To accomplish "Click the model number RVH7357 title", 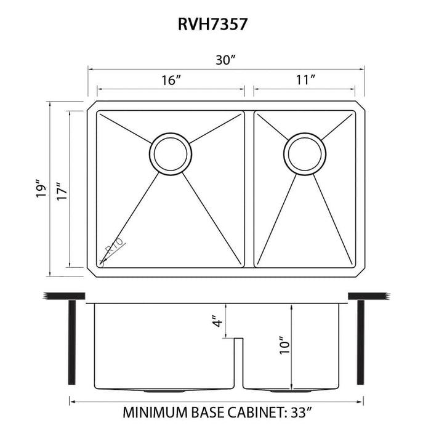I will click(215, 24).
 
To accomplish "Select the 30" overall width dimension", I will click(226, 60).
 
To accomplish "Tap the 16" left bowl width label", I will click(171, 80).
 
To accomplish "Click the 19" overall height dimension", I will click(41, 189).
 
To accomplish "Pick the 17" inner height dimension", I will click(59, 189).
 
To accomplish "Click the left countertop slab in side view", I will click(64, 296).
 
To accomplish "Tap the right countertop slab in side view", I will click(369, 296).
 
